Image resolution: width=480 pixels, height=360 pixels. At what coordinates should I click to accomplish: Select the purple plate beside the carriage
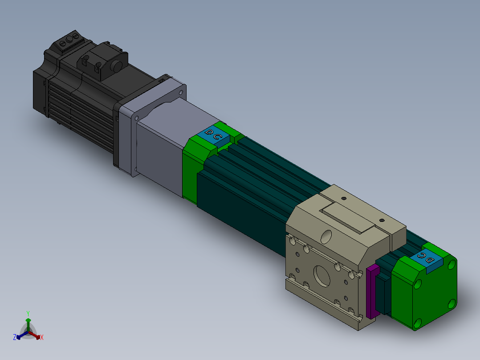click(373, 292)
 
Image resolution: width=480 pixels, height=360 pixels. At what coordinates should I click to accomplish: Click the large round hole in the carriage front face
click(322, 276)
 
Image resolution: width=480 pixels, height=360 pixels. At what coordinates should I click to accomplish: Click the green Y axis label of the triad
click(28, 313)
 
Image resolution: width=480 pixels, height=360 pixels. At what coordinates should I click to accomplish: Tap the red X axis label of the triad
click(42, 338)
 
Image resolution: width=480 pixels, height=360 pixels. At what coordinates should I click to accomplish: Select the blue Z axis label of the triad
click(15, 338)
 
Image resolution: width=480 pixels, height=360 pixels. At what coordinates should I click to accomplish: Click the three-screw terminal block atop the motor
click(69, 41)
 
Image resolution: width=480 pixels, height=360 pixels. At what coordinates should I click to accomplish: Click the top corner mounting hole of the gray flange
click(181, 92)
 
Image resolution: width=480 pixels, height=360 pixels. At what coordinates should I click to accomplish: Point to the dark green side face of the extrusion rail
click(240, 214)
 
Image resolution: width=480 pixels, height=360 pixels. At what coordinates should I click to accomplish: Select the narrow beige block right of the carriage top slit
click(398, 232)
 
